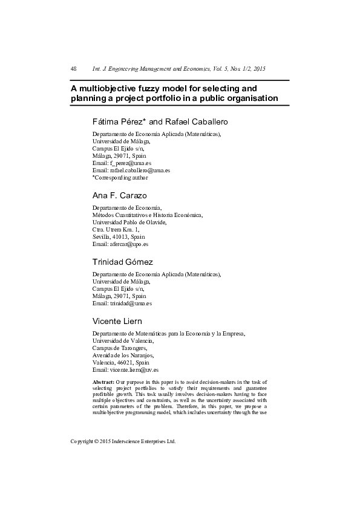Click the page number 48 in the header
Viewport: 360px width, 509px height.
click(x=74, y=69)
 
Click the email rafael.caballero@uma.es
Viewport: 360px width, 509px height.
click(x=140, y=170)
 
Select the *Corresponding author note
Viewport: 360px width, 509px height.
click(x=120, y=178)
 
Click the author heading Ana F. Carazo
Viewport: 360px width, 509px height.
click(x=120, y=196)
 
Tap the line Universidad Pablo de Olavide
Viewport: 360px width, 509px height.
click(x=129, y=222)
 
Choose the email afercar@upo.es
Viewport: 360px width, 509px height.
click(x=129, y=244)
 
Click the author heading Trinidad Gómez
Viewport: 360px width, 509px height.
click(x=122, y=262)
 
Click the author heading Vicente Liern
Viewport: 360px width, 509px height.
click(x=117, y=322)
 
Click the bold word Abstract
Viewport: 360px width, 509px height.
click(x=103, y=383)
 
